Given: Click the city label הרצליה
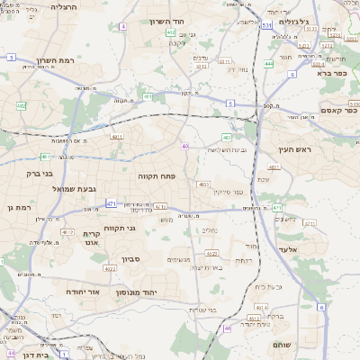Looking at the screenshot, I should pos(66,6).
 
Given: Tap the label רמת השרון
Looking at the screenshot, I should pos(53,61).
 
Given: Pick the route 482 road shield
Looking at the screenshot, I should pos(21,106).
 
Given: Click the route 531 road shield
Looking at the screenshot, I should pos(267,27).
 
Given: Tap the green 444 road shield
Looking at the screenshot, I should pos(269,65).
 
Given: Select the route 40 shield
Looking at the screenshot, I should pos(185,146).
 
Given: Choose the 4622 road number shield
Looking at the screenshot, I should pos(108,268).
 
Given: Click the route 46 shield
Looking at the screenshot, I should pos(228,328).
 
